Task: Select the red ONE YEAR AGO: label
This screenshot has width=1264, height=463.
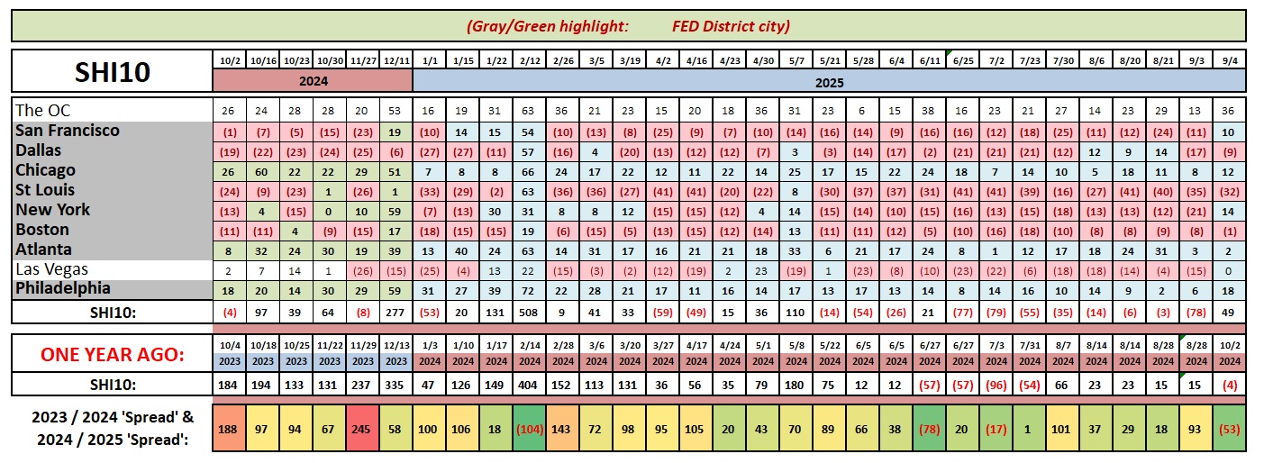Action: tap(112, 355)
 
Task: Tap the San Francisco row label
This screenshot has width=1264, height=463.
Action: tap(68, 131)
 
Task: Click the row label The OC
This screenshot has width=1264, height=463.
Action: tap(42, 111)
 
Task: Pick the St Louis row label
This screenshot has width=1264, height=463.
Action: tap(45, 190)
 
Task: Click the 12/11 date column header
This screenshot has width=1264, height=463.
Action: tap(396, 60)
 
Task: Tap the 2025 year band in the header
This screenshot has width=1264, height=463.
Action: tap(829, 80)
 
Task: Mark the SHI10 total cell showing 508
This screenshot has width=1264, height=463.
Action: tap(530, 312)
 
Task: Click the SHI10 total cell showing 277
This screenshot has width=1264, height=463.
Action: tap(396, 312)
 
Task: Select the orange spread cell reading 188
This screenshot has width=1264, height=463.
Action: tap(229, 427)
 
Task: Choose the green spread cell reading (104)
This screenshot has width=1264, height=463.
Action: tap(530, 427)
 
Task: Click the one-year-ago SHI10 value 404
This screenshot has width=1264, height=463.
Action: tap(530, 385)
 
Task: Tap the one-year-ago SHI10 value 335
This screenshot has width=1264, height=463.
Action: tap(396, 385)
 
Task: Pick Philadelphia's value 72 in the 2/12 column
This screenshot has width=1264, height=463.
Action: tap(530, 290)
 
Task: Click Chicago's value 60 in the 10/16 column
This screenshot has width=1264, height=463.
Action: tap(262, 170)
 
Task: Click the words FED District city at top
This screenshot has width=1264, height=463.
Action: tap(731, 26)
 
